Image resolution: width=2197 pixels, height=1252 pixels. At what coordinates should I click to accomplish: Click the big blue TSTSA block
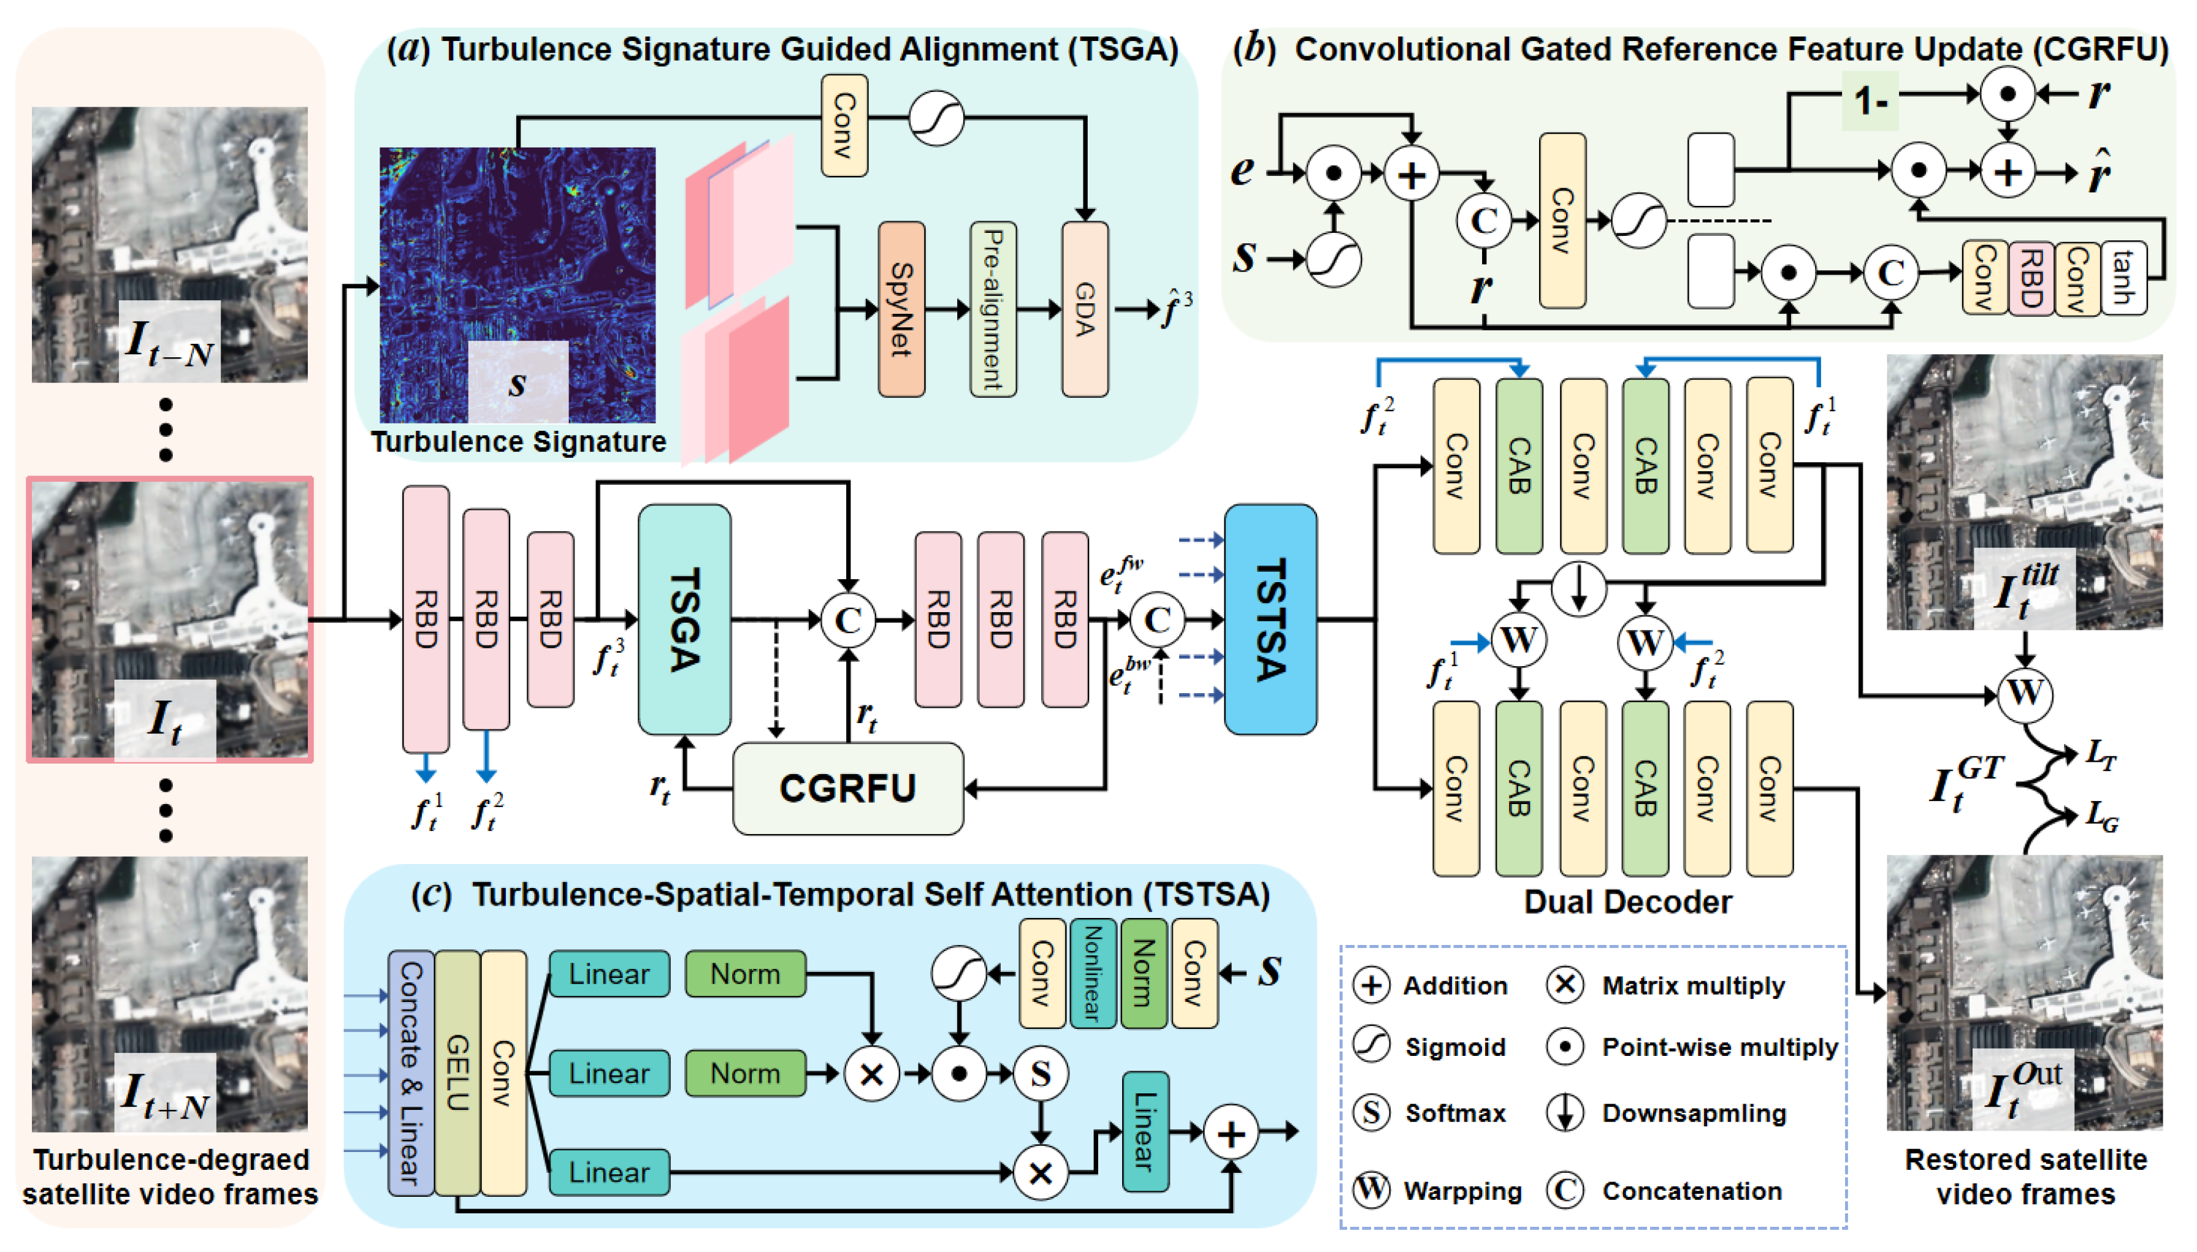point(1270,619)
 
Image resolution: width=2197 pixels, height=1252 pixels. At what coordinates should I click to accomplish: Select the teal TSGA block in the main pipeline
point(684,619)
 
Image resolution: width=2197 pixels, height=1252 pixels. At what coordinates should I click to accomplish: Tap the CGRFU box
point(847,787)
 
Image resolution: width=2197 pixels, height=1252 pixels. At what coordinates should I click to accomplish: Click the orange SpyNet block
point(901,309)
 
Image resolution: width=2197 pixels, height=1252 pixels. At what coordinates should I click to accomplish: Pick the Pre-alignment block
point(993,309)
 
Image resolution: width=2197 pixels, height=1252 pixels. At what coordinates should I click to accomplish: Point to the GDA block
point(1084,309)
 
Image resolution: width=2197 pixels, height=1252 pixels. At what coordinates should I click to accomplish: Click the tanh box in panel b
point(2122,277)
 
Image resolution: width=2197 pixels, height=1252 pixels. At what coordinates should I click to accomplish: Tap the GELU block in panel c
point(457,1072)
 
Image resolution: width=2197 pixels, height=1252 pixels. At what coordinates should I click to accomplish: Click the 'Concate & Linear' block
point(410,1072)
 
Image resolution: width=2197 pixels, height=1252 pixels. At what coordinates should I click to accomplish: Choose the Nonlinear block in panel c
point(1093,973)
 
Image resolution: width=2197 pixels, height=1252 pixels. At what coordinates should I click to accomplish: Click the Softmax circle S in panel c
point(1040,1073)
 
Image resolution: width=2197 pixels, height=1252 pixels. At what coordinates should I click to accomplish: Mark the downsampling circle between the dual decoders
point(1578,589)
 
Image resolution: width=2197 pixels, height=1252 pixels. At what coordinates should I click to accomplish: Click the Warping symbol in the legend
point(1370,1190)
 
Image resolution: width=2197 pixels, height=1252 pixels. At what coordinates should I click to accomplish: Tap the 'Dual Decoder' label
point(1627,902)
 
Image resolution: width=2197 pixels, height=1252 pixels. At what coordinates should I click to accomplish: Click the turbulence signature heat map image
point(517,284)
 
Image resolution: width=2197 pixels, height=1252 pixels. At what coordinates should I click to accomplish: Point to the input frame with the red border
point(169,619)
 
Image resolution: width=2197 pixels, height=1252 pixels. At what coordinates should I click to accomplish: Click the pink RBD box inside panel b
point(2030,277)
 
